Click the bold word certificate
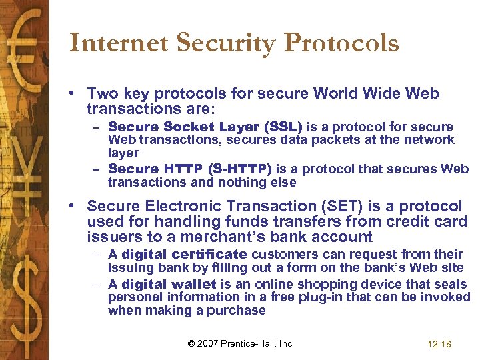pos(209,254)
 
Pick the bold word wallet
pos(194,284)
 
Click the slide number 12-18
pos(439,344)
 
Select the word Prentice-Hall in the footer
pos(251,343)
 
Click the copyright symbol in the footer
pos(192,343)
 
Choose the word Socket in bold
pos(181,127)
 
